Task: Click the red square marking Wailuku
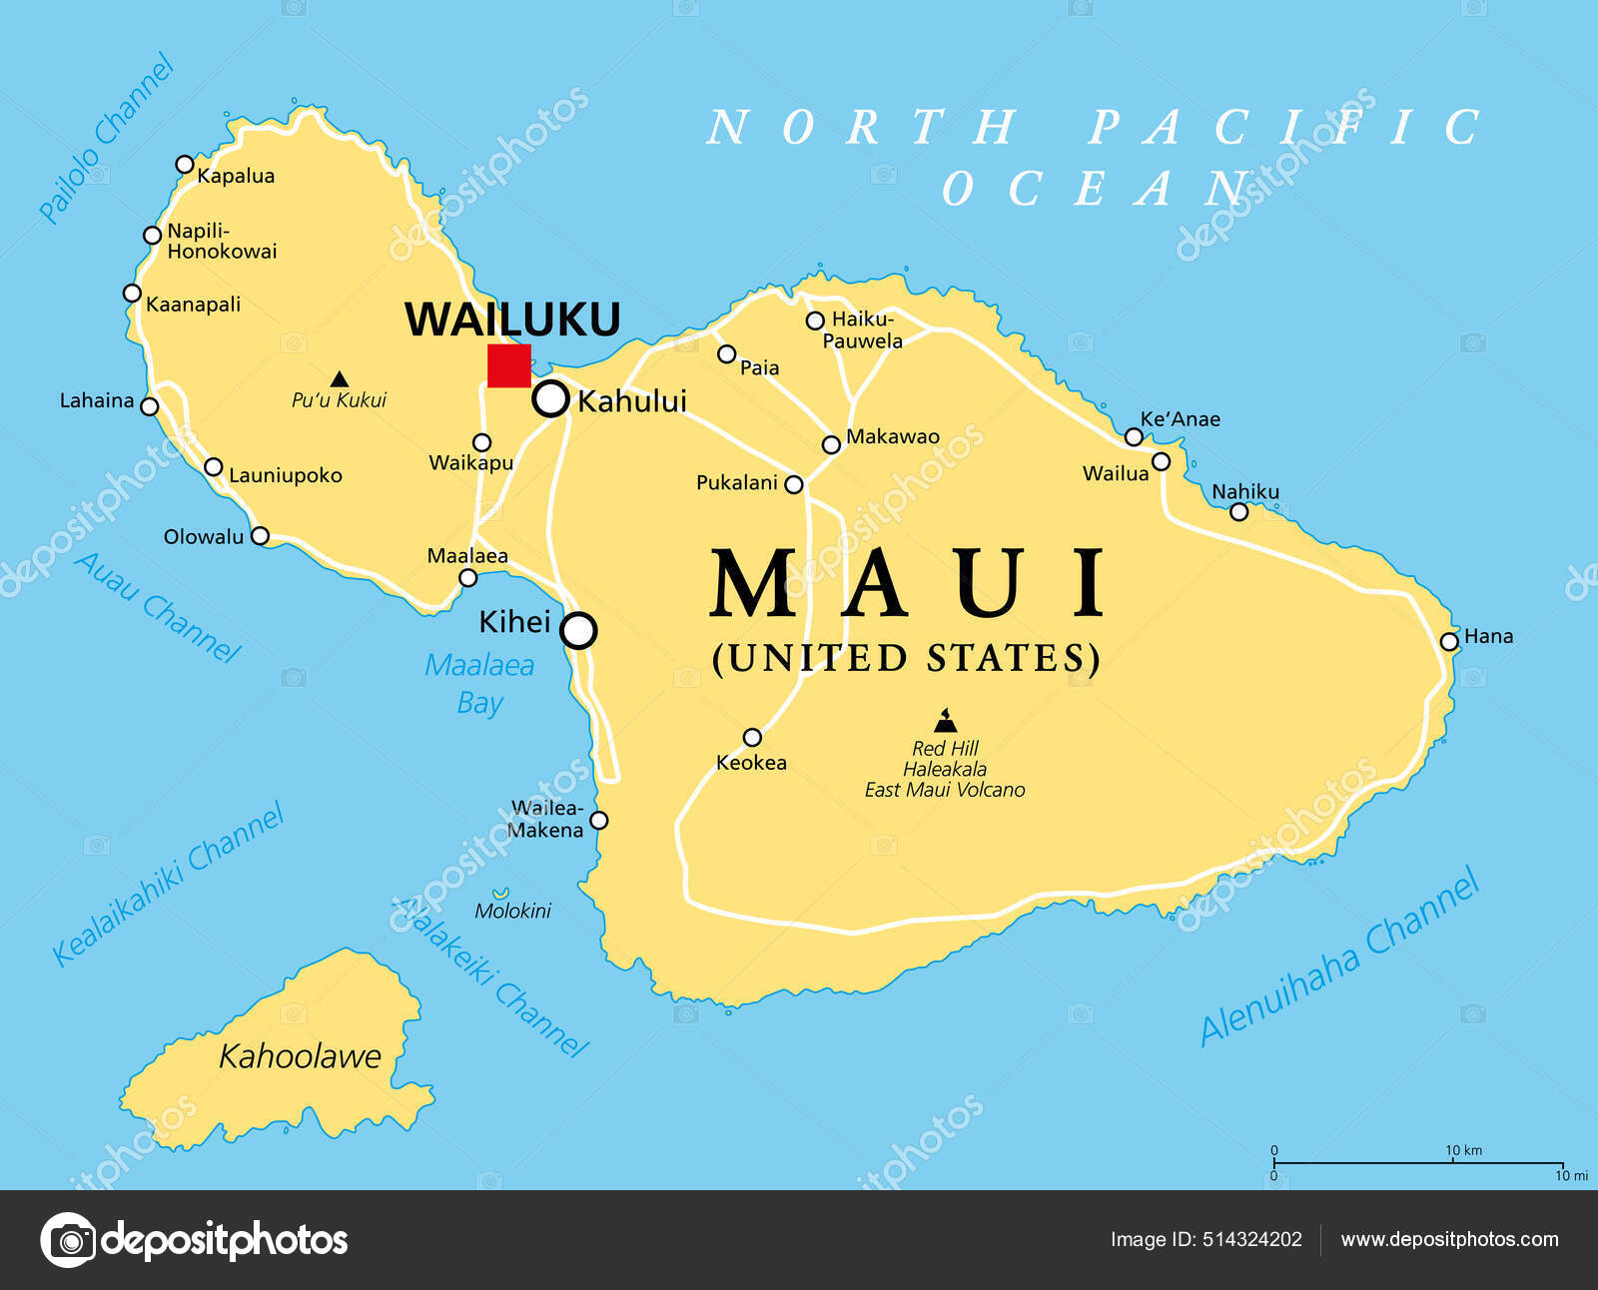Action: point(508,365)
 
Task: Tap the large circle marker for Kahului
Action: point(550,398)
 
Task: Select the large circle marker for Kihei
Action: point(578,630)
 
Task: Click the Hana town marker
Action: point(1449,641)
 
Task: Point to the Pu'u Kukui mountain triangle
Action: point(340,379)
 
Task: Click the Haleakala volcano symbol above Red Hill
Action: point(945,720)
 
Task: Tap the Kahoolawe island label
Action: point(300,1055)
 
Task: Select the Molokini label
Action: point(512,910)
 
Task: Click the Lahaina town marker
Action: point(150,406)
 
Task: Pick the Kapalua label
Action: point(236,176)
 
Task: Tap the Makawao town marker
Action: point(831,444)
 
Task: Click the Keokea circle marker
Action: point(752,738)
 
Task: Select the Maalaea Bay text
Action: point(479,684)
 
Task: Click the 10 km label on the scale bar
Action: point(1463,1150)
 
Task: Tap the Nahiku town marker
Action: point(1238,512)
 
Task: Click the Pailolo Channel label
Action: point(106,138)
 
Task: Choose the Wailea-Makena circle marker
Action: point(598,821)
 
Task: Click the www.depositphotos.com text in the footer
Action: point(1449,1239)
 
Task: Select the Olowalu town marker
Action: point(260,536)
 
